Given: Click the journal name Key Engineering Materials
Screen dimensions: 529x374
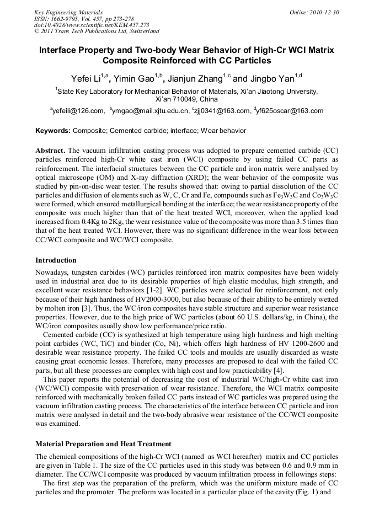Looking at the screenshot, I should click(68, 12).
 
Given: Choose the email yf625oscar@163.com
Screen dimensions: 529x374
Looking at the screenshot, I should click(290, 111).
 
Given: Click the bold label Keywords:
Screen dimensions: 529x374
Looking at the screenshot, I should click(53, 131).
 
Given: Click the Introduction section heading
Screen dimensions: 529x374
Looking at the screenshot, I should click(56, 260).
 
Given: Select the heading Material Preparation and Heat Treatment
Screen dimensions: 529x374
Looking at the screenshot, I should click(103, 443).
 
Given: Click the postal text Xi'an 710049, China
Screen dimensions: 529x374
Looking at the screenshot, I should click(187, 99).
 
